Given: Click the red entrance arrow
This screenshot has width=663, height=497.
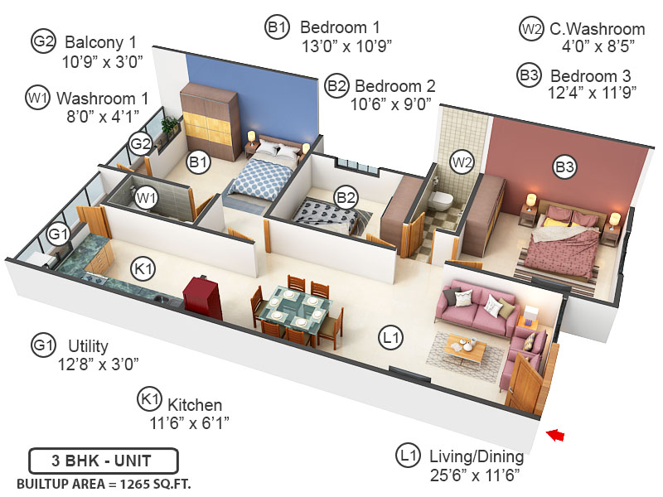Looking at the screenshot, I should [557, 433].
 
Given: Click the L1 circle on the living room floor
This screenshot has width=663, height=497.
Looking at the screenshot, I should [391, 336].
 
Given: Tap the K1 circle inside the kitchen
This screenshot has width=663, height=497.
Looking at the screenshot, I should [143, 268].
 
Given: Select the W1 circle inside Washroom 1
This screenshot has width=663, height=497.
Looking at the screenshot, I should [146, 197].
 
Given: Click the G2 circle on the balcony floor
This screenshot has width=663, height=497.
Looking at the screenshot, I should [140, 145].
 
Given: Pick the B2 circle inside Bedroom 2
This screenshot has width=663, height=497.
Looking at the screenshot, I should [346, 197].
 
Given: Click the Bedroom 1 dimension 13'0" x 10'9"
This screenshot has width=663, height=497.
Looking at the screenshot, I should [346, 45].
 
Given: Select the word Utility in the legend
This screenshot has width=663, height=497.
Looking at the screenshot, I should [88, 345].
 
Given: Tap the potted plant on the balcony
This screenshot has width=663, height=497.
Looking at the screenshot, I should [170, 127].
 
